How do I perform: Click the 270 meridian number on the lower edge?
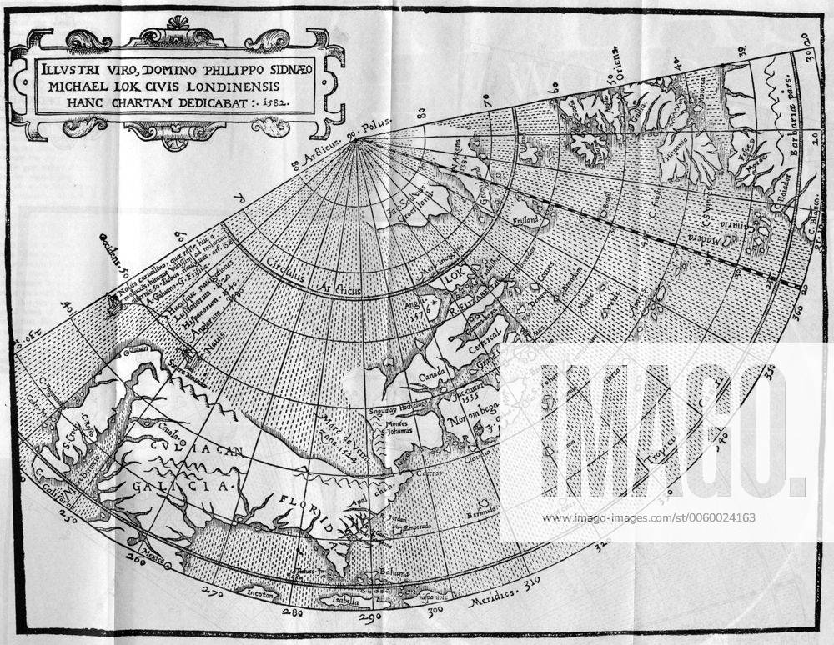click(214, 594)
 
